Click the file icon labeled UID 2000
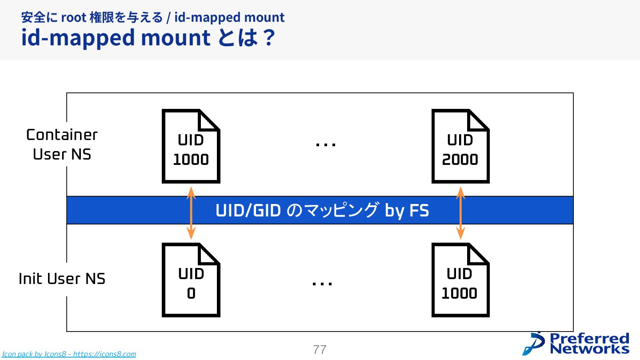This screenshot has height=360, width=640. coord(460,146)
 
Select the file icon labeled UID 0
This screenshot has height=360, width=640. coord(191,280)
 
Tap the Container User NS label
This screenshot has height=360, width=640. coord(62,144)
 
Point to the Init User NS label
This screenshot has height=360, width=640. coord(62,279)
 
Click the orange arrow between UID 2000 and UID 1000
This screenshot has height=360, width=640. coord(461,213)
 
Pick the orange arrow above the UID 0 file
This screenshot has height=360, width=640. coord(191,213)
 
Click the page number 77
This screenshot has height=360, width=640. coord(320,350)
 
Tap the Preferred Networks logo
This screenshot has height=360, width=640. coord(576,344)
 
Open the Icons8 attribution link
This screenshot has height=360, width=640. coord(69,354)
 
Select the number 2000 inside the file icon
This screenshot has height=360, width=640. coord(460,160)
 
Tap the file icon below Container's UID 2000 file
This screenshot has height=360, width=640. coord(460,280)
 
